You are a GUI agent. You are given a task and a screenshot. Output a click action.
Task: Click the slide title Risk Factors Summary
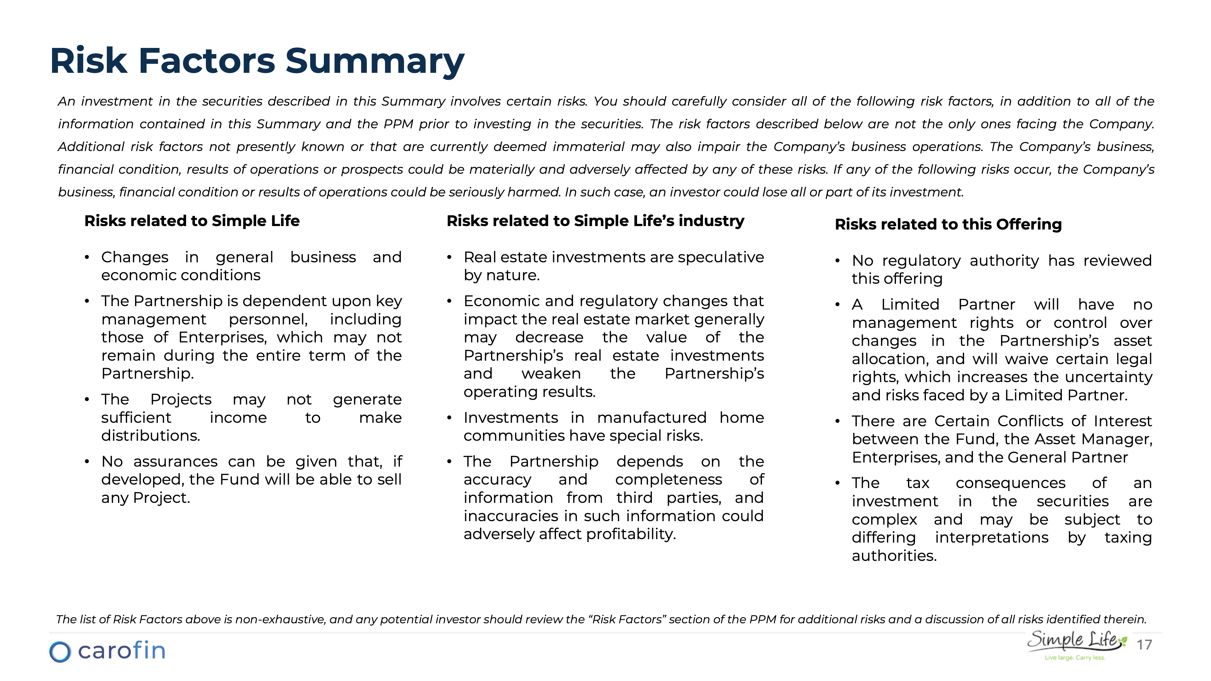[x=257, y=61]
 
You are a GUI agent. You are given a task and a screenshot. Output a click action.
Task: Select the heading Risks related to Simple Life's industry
[x=595, y=221]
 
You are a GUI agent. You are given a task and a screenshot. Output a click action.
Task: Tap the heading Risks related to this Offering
[x=948, y=224]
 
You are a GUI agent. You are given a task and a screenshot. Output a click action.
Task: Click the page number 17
[x=1144, y=644]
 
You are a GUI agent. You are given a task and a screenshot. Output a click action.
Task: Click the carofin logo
[x=107, y=651]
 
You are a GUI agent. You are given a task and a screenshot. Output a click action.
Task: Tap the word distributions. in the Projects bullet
[x=150, y=436]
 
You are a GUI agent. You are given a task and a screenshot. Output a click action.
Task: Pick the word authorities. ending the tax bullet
[x=894, y=556]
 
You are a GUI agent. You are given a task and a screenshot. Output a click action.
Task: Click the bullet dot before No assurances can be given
[x=87, y=462]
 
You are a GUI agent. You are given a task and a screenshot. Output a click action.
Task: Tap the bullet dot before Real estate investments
[x=449, y=258]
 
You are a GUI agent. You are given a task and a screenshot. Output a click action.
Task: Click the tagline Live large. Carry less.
[x=1075, y=657]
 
